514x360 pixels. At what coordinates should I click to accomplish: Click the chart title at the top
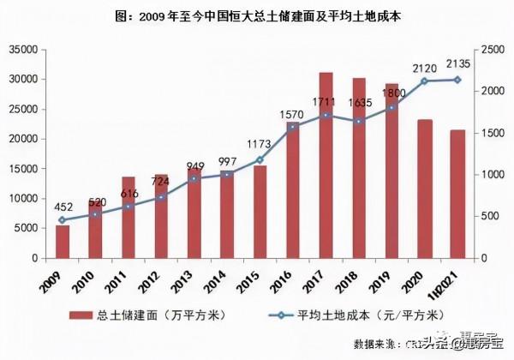(x=257, y=15)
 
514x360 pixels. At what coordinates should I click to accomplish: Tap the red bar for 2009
(x=63, y=241)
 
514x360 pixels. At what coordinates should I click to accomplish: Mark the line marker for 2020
(x=424, y=81)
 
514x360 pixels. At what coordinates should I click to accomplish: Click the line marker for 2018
(x=359, y=122)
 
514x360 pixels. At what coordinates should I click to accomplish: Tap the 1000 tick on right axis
(x=494, y=175)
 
